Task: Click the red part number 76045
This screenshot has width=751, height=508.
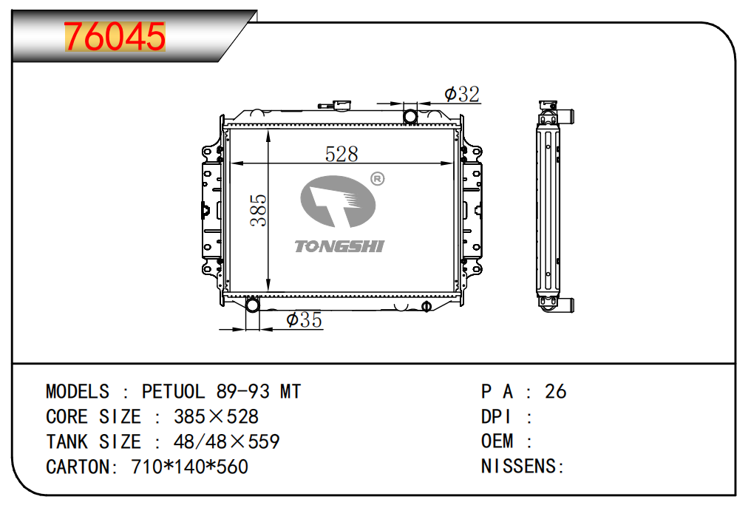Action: pos(115,36)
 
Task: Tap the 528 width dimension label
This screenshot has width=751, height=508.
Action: pos(341,154)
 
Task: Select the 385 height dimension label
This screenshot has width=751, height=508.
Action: pos(258,210)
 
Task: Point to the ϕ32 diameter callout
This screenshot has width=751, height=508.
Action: pos(462,94)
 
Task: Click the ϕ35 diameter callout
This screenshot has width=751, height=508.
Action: pos(304,319)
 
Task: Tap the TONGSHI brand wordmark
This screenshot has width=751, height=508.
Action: pos(339,246)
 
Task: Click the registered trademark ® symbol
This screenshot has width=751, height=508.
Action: pos(378,179)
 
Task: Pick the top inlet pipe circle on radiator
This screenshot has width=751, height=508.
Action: pos(410,116)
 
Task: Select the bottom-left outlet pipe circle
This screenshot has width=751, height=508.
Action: pos(252,305)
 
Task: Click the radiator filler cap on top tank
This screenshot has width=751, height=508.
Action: pos(342,104)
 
